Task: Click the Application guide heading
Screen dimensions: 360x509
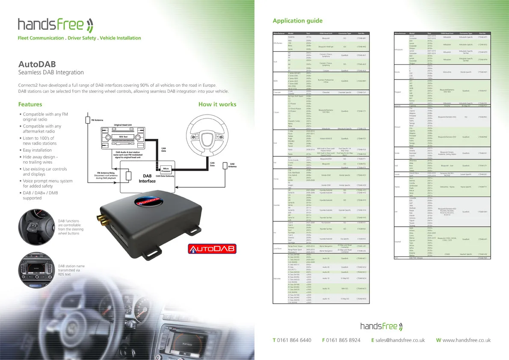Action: pos(298,21)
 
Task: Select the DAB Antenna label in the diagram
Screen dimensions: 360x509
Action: pos(232,165)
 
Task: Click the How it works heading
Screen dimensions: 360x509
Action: pos(217,104)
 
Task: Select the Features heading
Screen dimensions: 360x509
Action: pos(30,104)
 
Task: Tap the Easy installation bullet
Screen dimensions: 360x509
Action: pos(37,150)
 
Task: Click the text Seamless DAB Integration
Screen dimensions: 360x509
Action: pos(51,73)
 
